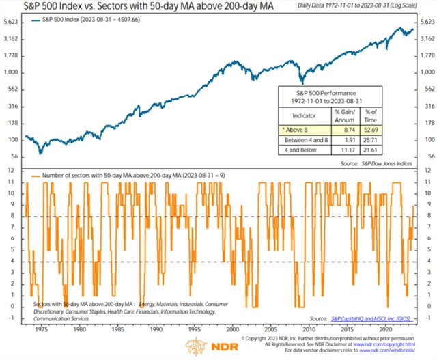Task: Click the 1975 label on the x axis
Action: tap(42, 327)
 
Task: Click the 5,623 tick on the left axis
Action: tap(12, 21)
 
